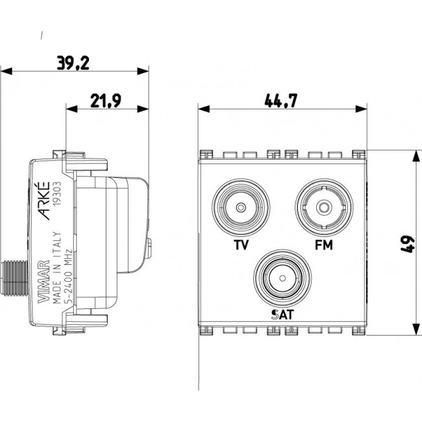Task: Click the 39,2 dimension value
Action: (x=72, y=63)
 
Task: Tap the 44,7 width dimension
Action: (x=280, y=101)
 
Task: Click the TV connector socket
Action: (x=241, y=208)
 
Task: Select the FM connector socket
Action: (x=322, y=208)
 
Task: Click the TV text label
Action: (x=242, y=245)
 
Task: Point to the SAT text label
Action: (x=282, y=315)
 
